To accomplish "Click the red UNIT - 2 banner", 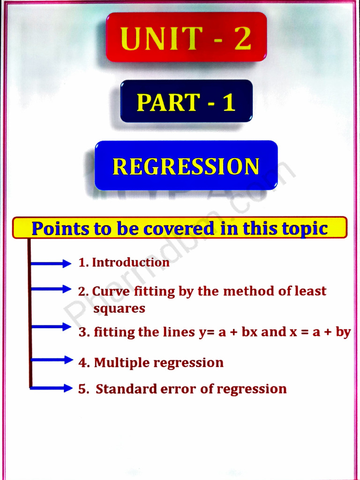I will point(186,37).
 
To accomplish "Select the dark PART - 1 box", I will point(186,101).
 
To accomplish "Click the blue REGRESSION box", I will point(186,165).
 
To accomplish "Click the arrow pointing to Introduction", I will point(51,264).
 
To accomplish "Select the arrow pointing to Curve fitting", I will point(51,289).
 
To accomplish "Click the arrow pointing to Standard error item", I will point(51,388).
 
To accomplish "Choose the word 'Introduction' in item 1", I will point(130,262).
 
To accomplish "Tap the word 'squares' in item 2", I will point(119,309).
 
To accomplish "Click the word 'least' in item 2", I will point(310,291).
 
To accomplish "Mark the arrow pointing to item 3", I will point(51,327).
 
